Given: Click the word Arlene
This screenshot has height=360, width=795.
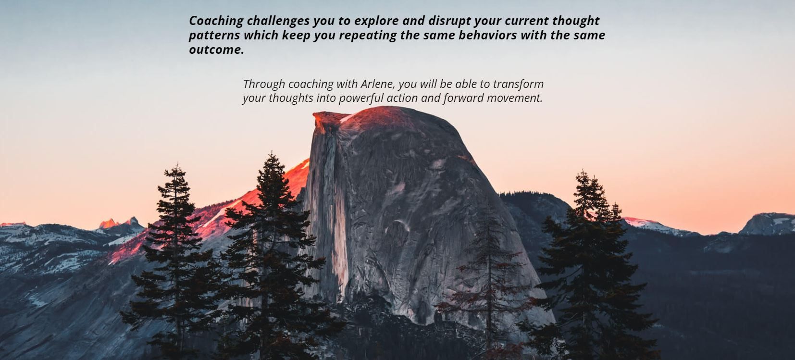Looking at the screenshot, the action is tap(378, 84).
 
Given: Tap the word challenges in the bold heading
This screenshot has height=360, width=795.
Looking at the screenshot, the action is tap(278, 21).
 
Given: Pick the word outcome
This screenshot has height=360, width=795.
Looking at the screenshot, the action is tap(216, 50).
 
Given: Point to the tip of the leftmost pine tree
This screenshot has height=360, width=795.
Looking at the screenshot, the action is tap(176, 165).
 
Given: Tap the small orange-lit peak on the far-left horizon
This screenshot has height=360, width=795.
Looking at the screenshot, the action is tap(108, 223).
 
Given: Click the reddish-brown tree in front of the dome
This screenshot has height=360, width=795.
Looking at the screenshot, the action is tap(488, 281).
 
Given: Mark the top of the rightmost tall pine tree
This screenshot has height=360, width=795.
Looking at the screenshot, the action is tap(582, 172).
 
